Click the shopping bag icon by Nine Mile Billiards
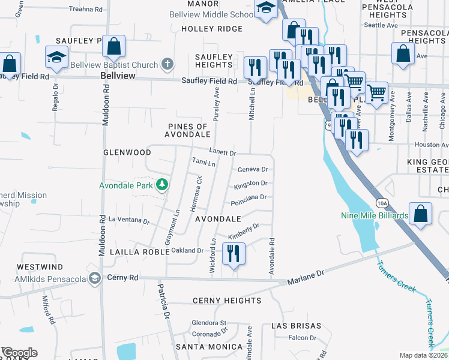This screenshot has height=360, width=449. tap(421, 214)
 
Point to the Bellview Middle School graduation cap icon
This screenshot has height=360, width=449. tap(265, 9)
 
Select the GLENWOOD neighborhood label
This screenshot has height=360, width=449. tap(127, 153)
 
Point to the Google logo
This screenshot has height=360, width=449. tap(19, 353)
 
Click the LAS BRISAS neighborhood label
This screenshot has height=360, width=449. tap(292, 325)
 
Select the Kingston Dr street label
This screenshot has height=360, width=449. tap(250, 183)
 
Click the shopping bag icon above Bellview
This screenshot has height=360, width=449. tap(113, 46)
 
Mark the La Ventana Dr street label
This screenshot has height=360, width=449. tap(128, 221)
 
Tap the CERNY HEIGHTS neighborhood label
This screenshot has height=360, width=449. tap(227, 300)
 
